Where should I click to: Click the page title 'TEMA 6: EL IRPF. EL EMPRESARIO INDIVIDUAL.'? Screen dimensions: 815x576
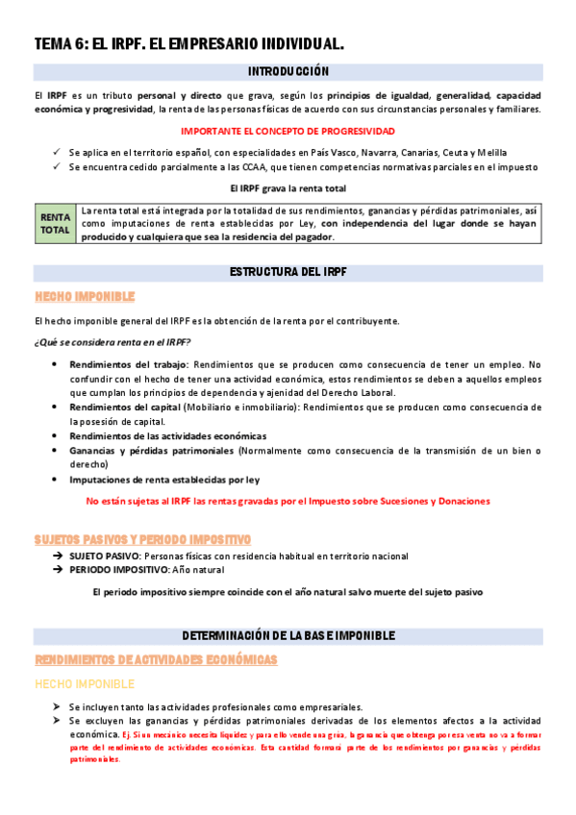(x=188, y=44)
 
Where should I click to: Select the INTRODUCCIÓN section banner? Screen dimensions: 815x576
(x=288, y=71)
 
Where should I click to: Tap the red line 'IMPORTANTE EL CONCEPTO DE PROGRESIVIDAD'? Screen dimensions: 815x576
(x=288, y=131)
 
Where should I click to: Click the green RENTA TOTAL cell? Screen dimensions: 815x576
(x=55, y=223)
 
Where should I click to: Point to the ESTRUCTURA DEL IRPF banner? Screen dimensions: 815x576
(x=288, y=272)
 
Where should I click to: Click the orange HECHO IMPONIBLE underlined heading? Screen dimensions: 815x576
(x=85, y=297)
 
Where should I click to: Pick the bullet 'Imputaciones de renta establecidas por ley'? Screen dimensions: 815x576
(x=163, y=479)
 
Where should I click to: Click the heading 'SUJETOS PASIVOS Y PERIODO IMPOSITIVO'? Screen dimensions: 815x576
(x=142, y=540)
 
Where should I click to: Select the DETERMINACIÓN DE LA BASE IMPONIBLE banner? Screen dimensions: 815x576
(x=288, y=636)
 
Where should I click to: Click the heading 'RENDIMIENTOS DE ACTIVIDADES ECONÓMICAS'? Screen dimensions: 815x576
(x=156, y=660)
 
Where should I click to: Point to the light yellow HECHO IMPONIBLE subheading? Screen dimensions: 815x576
(x=85, y=683)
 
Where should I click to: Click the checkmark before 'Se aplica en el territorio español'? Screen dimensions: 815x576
(x=57, y=153)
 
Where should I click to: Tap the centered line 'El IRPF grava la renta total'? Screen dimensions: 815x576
(x=288, y=188)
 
